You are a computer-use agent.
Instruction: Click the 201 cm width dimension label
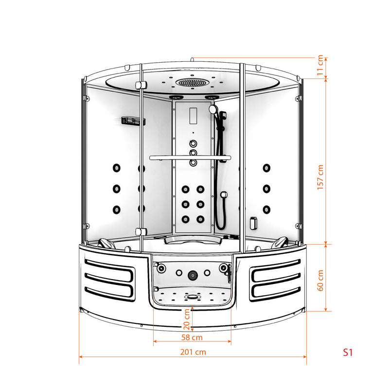click(193, 352)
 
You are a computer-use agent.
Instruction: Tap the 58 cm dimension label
click(192, 337)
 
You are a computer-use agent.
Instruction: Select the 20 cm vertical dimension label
click(187, 319)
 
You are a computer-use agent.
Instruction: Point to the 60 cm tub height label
click(320, 281)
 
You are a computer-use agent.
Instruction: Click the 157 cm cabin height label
click(320, 177)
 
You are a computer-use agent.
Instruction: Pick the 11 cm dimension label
click(320, 65)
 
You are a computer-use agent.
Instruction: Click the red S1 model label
click(348, 352)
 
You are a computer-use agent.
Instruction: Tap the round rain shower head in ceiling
click(191, 82)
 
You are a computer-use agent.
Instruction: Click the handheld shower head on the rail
click(213, 109)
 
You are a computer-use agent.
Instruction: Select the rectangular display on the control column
click(193, 116)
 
